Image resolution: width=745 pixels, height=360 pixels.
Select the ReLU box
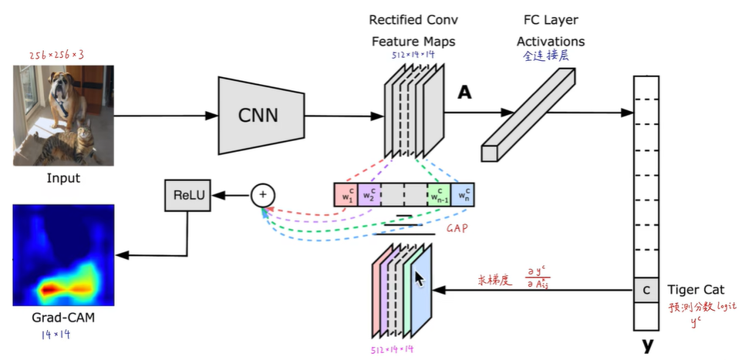click(189, 195)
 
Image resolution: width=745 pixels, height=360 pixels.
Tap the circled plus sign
click(262, 195)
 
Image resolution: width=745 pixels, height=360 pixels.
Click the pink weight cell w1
click(346, 195)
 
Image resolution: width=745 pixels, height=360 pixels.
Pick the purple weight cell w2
click(369, 195)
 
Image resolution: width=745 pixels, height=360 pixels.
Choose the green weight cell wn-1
click(438, 195)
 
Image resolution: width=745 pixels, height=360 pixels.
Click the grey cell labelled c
click(646, 291)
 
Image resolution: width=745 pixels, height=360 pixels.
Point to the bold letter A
click(464, 93)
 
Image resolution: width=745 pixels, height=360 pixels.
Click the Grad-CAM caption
click(63, 316)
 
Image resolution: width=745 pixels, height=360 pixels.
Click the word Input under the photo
click(63, 178)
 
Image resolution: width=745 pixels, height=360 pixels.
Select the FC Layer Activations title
click(550, 30)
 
